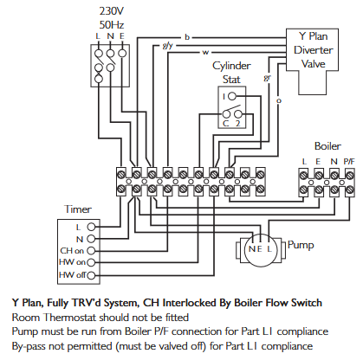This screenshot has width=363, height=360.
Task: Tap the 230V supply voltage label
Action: [x=112, y=11]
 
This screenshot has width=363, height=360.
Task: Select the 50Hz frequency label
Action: [x=112, y=25]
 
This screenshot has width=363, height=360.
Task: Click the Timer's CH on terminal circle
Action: [x=91, y=251]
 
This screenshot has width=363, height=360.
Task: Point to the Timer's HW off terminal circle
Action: [x=91, y=275]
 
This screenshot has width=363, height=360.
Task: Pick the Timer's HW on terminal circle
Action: [x=91, y=262]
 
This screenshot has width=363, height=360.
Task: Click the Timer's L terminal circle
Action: [x=91, y=227]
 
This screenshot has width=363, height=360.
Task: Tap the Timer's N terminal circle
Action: [x=91, y=239]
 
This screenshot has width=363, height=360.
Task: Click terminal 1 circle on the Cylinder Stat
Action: [x=232, y=96]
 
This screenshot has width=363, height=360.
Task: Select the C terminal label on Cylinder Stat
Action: [x=226, y=124]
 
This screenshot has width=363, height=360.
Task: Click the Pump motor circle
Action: [x=260, y=248]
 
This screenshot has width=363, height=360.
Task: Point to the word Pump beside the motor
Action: [x=301, y=246]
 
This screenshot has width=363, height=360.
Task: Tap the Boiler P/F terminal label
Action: [x=349, y=162]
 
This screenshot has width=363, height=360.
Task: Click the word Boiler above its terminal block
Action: [x=327, y=146]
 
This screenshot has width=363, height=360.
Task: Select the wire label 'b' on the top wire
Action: [x=187, y=37]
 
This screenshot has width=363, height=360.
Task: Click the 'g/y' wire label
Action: [x=168, y=46]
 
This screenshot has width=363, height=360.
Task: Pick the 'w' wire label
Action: [x=205, y=53]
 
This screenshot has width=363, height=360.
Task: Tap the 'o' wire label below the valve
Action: [x=279, y=100]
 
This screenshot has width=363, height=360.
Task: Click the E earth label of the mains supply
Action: [x=122, y=36]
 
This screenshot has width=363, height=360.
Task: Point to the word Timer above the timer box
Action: [x=78, y=209]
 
